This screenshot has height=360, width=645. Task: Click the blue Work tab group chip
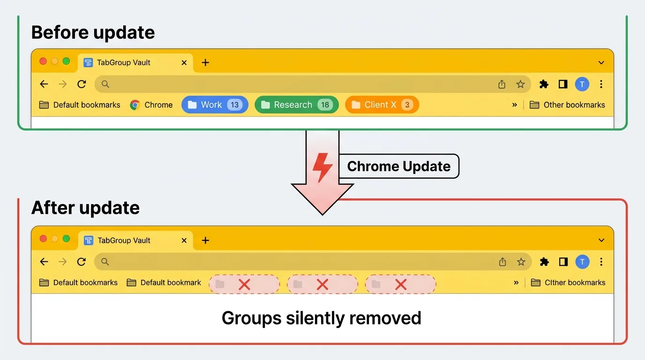215,105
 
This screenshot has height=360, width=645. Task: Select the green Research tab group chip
296,105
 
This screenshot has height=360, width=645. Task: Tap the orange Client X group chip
382,105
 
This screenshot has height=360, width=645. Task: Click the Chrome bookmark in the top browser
151,105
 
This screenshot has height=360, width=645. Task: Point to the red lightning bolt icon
322,167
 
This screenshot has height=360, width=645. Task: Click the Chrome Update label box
398,166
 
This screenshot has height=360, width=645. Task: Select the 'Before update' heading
93,33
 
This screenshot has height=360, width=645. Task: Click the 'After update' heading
85,208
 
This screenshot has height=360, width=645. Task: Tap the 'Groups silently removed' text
322,318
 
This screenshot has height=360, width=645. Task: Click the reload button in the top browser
82,84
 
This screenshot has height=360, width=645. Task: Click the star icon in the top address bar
520,84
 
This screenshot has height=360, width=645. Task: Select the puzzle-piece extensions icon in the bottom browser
544,262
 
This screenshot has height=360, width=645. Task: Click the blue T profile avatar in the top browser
582,84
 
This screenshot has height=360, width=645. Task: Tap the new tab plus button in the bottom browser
205,240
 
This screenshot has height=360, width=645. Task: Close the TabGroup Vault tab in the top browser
184,63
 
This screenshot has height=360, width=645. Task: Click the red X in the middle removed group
322,284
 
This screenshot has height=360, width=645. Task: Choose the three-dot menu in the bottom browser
601,262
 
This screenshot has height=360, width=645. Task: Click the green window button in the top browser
66,61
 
